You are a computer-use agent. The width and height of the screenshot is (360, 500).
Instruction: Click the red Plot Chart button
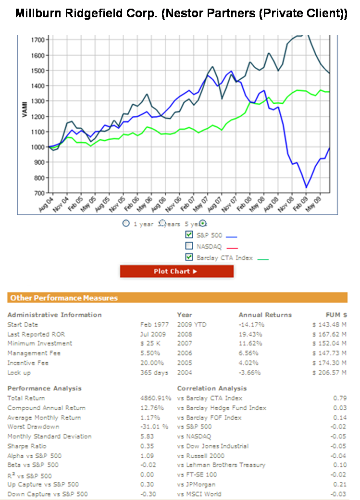pyautogui.click(x=176, y=271)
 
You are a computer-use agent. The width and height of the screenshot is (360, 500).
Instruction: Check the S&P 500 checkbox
pyautogui.click(x=189, y=235)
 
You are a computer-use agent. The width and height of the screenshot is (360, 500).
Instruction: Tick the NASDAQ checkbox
pyautogui.click(x=189, y=246)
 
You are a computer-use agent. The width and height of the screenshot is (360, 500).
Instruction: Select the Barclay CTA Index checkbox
pyautogui.click(x=189, y=257)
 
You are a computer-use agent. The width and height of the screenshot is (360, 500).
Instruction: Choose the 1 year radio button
pyautogui.click(x=126, y=223)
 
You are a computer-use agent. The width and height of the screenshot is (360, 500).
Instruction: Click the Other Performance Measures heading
pyautogui.click(x=64, y=298)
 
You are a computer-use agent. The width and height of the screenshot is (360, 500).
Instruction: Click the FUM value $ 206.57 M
pyautogui.click(x=329, y=373)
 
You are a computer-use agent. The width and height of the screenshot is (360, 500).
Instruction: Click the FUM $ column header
pyautogui.click(x=336, y=315)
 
